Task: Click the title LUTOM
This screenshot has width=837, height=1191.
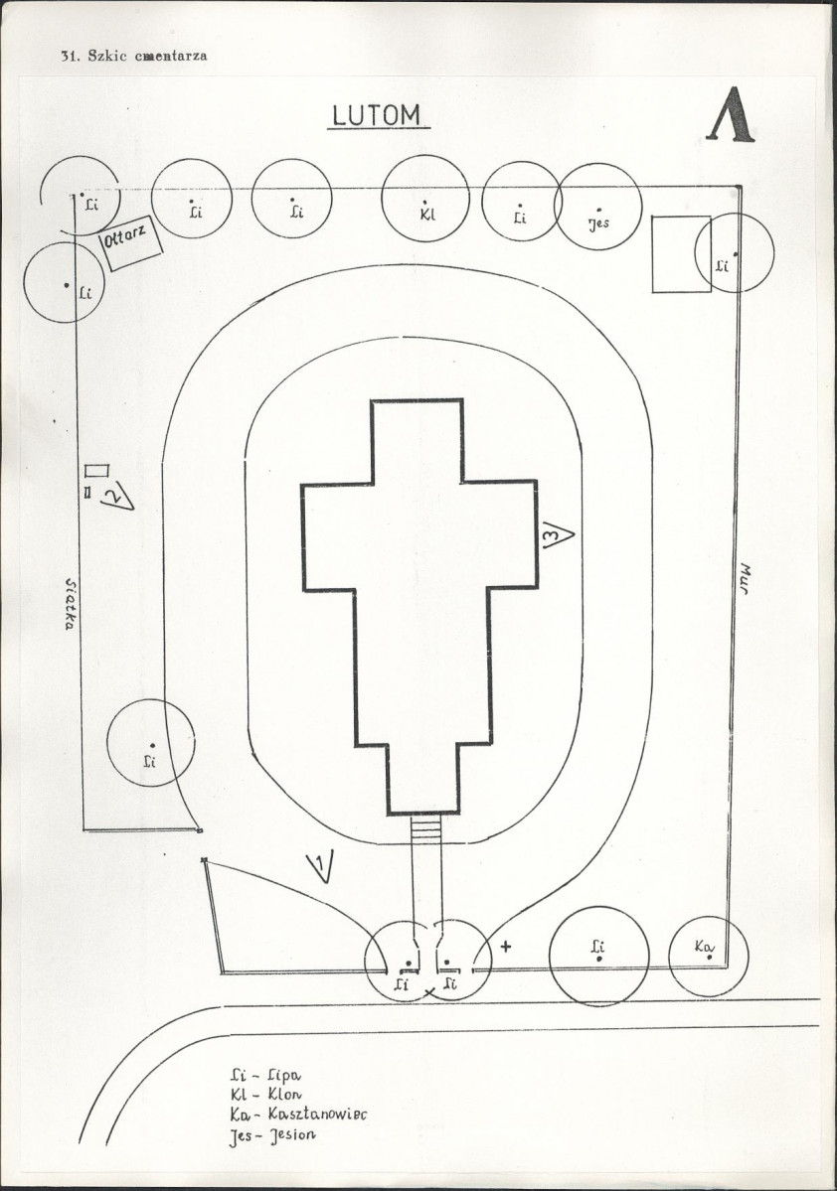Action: pyautogui.click(x=378, y=115)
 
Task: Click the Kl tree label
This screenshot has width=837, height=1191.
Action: pyautogui.click(x=427, y=215)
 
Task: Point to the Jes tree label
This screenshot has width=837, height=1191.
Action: pyautogui.click(x=598, y=223)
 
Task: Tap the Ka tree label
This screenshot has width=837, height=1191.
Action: pyautogui.click(x=705, y=947)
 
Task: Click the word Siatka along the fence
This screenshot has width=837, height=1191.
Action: pyautogui.click(x=71, y=605)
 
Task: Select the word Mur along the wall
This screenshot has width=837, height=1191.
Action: pyautogui.click(x=745, y=579)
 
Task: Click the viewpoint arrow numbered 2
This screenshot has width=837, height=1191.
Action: pyautogui.click(x=118, y=495)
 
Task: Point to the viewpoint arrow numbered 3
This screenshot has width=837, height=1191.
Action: pyautogui.click(x=558, y=534)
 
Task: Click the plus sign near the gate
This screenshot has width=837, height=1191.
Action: pyautogui.click(x=506, y=947)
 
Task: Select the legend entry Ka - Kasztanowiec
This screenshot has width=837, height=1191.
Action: pyautogui.click(x=298, y=1115)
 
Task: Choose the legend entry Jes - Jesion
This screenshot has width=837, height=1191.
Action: pyautogui.click(x=272, y=1135)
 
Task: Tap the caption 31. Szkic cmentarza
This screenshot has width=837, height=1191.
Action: pyautogui.click(x=134, y=56)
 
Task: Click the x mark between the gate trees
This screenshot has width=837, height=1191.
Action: pyautogui.click(x=429, y=992)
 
